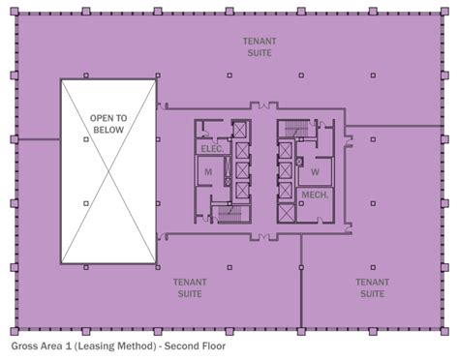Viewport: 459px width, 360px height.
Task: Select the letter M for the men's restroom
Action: [x=207, y=172]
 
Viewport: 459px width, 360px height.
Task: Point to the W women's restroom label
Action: [x=315, y=172]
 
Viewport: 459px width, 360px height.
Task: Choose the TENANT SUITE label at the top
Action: [x=259, y=46]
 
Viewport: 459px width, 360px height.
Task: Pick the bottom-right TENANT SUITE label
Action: [x=372, y=287]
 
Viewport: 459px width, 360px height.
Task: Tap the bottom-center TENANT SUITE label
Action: [x=191, y=287]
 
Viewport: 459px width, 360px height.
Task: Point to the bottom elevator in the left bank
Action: [x=241, y=190]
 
